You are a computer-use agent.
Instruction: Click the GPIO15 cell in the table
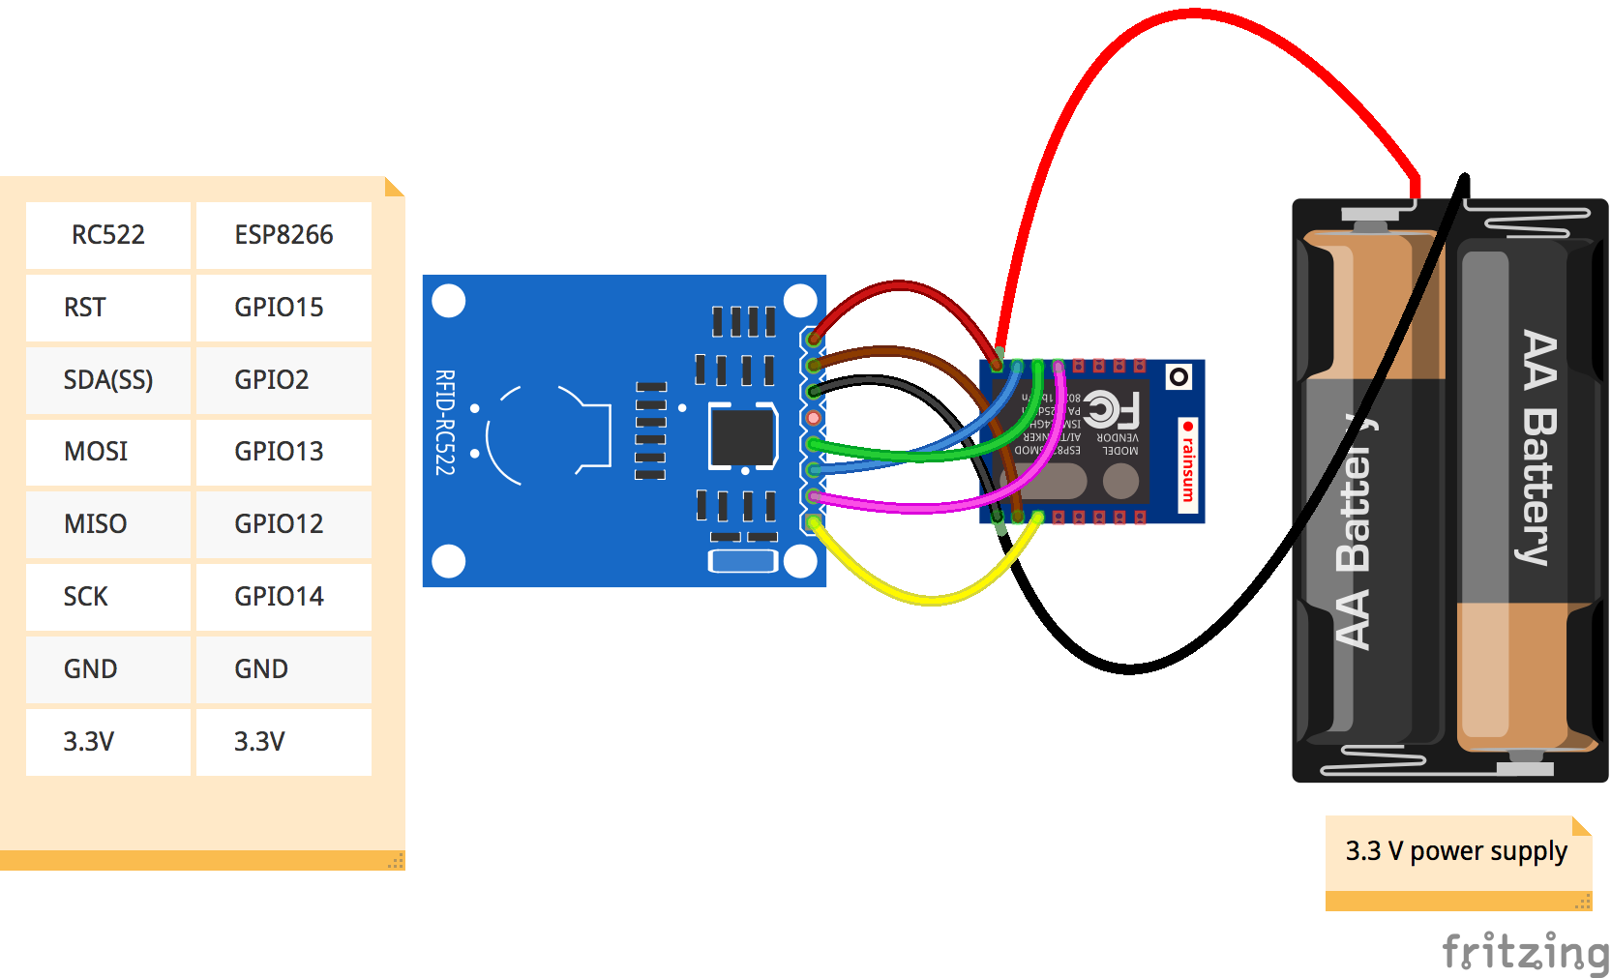point(283,308)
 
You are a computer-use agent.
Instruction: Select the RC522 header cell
point(108,235)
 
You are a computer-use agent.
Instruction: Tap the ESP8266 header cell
point(283,235)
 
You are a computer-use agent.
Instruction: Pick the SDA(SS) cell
point(108,380)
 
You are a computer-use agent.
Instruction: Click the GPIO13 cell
point(283,452)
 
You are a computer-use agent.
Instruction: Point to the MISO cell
point(108,524)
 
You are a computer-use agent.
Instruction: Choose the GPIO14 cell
point(283,597)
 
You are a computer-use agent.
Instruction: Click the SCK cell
point(108,597)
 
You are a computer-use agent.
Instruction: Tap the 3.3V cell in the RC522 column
point(108,742)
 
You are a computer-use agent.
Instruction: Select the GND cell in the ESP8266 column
point(283,669)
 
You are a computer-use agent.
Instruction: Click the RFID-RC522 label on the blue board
point(444,422)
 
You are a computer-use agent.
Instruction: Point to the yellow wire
point(929,601)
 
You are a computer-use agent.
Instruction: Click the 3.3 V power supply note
point(1457,851)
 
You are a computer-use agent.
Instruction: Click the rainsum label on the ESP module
point(1188,465)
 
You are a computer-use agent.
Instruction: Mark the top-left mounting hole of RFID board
point(449,301)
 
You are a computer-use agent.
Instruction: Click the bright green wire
point(900,454)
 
